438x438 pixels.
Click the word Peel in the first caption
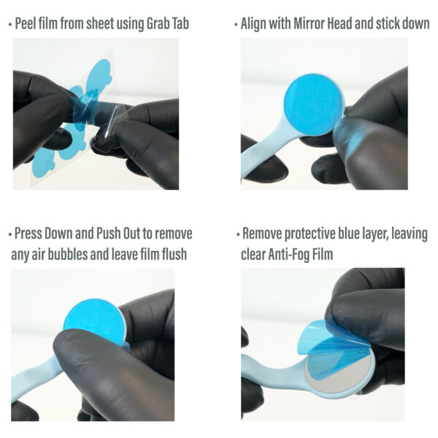(29, 23)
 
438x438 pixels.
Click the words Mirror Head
(333, 23)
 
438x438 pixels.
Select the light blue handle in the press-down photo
(36, 380)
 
